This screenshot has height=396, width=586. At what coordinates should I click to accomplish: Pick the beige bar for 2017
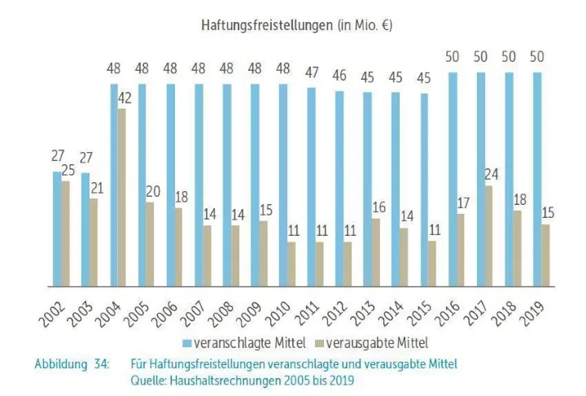pyautogui.click(x=489, y=236)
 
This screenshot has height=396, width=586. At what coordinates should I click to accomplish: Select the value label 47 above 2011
pyautogui.click(x=312, y=72)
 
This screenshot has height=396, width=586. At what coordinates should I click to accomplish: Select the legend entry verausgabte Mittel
pyautogui.click(x=377, y=342)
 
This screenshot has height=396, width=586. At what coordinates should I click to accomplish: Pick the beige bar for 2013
pyautogui.click(x=376, y=252)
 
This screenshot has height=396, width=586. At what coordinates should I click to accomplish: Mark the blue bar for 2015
pyautogui.click(x=424, y=190)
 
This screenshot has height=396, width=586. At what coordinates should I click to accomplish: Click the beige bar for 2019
pyautogui.click(x=546, y=255)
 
